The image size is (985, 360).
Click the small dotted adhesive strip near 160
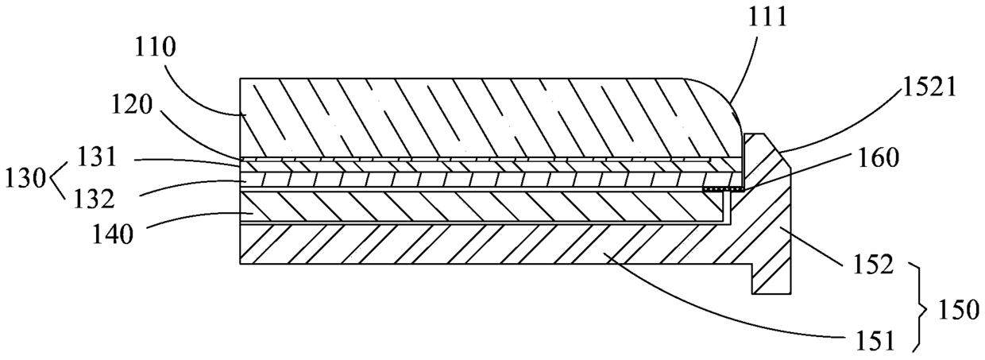click(724, 190)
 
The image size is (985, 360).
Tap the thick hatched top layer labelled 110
click(477, 115)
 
